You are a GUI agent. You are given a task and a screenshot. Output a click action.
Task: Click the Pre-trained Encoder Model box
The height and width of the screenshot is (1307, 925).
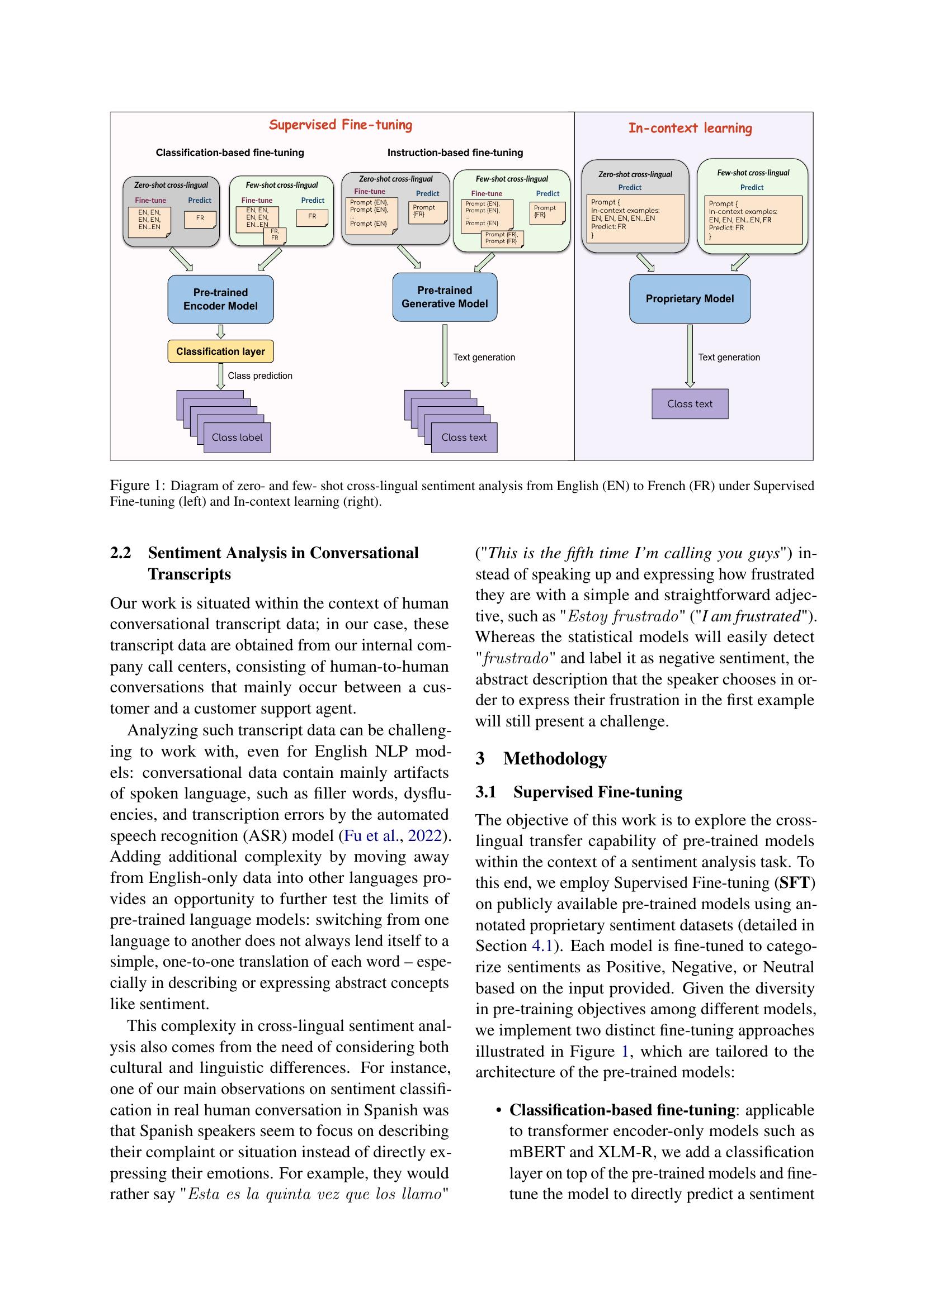tap(220, 300)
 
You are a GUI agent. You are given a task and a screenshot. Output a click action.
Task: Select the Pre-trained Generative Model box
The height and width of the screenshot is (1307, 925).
tap(444, 297)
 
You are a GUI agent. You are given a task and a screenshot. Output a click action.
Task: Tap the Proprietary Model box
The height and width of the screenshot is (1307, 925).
tap(689, 299)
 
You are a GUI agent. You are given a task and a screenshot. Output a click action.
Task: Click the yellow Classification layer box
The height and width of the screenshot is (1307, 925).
tap(220, 351)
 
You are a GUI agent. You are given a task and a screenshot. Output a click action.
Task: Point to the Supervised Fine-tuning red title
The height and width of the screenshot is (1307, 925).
tap(341, 125)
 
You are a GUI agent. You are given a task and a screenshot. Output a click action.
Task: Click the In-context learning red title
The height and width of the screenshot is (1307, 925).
tap(690, 128)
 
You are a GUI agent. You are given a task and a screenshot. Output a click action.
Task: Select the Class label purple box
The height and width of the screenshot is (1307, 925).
tap(237, 437)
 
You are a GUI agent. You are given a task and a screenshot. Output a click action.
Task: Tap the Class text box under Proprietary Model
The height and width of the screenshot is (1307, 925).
tap(689, 403)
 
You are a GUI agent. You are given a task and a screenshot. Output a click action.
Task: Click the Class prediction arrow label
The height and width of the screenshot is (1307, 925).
tap(259, 376)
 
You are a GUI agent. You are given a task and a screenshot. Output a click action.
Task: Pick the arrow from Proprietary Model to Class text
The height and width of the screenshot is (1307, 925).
tap(690, 356)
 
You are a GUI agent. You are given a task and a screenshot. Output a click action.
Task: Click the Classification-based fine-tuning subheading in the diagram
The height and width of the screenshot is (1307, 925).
tap(229, 153)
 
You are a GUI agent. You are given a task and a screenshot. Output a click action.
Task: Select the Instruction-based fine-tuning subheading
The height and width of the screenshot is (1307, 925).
tap(455, 153)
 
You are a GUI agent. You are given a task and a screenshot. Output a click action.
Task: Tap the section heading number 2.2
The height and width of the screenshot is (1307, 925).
tap(121, 553)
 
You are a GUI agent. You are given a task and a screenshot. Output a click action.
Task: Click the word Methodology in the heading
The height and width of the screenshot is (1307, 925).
tap(555, 758)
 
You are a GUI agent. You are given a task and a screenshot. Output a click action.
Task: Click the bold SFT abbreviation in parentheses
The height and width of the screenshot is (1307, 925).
tap(795, 882)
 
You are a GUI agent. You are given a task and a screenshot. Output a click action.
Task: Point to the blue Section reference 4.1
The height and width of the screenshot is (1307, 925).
tap(542, 945)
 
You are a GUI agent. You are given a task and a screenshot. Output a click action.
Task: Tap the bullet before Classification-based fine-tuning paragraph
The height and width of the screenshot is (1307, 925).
tap(498, 1111)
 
